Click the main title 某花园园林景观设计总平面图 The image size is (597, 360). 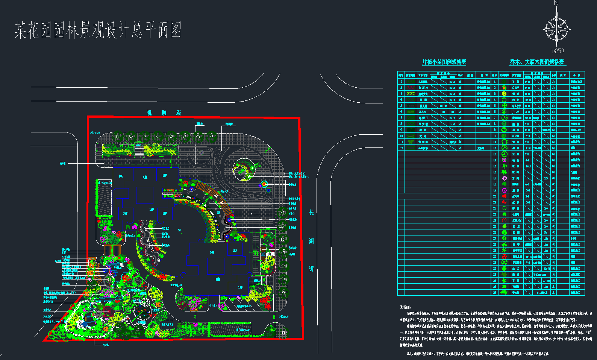[98, 30]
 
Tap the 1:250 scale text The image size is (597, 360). [558, 51]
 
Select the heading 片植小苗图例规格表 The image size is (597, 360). [444, 62]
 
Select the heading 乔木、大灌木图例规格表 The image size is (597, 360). [537, 62]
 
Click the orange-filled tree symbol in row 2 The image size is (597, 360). [504, 88]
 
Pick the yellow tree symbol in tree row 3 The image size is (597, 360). [504, 94]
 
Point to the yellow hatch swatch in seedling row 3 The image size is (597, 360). [411, 94]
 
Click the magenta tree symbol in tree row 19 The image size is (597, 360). [504, 190]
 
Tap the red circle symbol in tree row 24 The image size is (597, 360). [504, 220]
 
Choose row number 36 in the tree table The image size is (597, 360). [495, 293]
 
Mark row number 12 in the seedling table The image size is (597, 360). [401, 148]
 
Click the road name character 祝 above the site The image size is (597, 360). [149, 113]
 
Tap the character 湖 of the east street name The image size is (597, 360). [311, 241]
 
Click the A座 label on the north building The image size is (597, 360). [145, 176]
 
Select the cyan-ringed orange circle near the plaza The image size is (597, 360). [264, 184]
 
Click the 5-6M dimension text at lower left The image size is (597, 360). [58, 322]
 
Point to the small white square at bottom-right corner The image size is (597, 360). [283, 333]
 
